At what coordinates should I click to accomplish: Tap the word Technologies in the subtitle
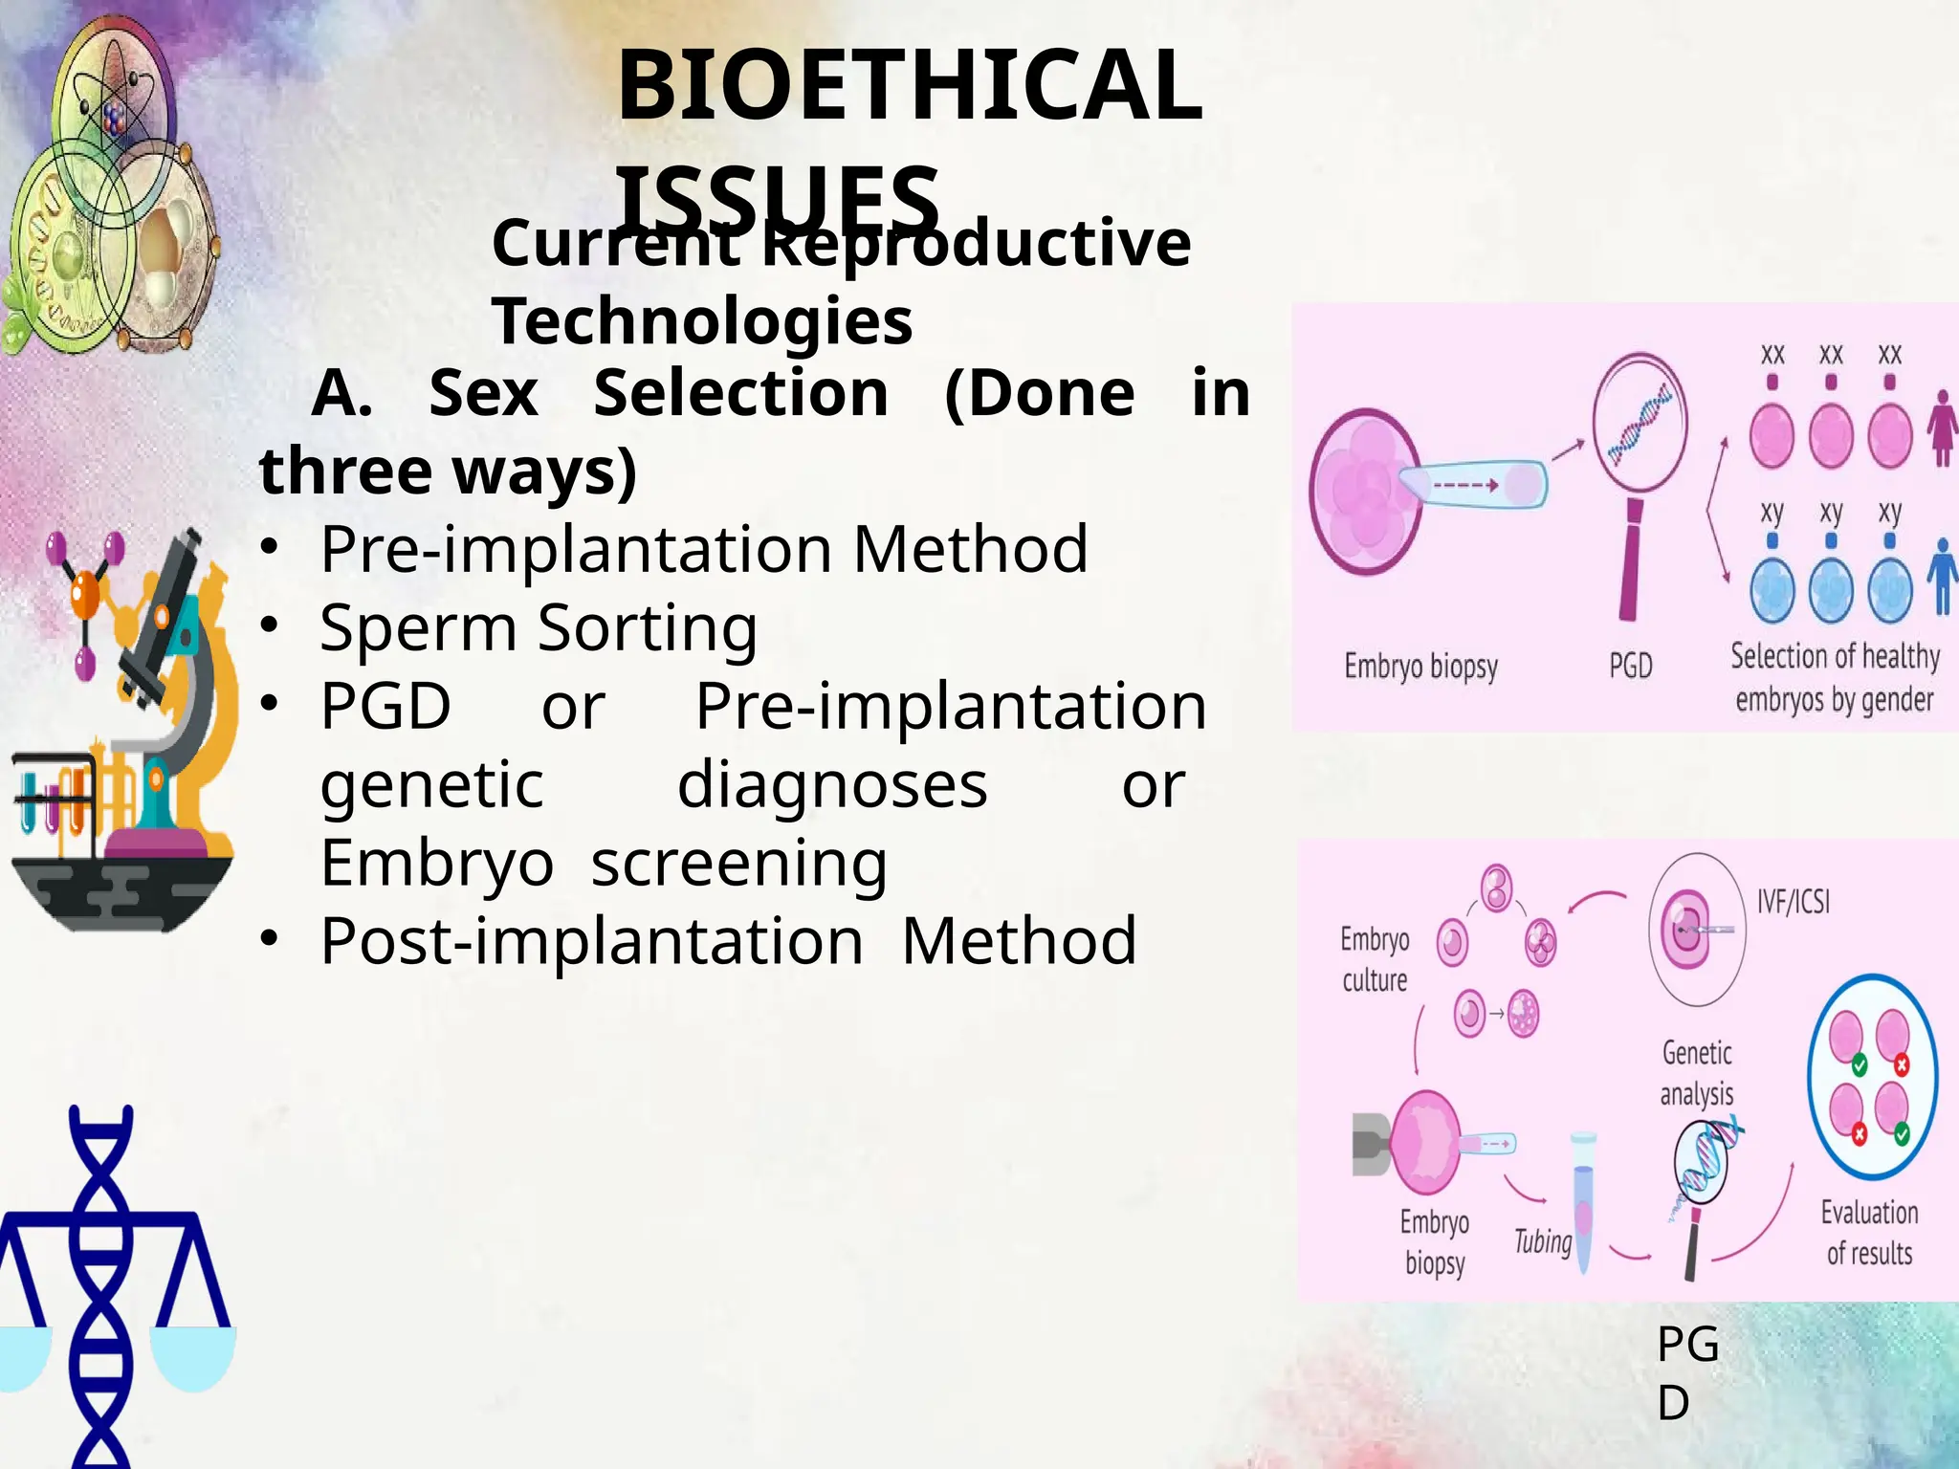702,320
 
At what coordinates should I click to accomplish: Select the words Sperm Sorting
539,628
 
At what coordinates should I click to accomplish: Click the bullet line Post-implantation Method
727,941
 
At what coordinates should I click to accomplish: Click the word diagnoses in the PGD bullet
832,785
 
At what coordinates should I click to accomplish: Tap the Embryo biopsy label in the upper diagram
1420,666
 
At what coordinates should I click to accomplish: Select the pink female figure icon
1942,428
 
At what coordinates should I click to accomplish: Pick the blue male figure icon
1942,576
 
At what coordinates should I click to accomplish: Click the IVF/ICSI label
1793,901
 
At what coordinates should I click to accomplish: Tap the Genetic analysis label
1697,1073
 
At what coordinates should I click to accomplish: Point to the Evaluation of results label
1869,1233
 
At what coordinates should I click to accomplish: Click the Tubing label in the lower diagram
1542,1241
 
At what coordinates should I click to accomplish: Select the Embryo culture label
1375,959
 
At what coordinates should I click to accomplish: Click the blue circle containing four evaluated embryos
1872,1078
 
